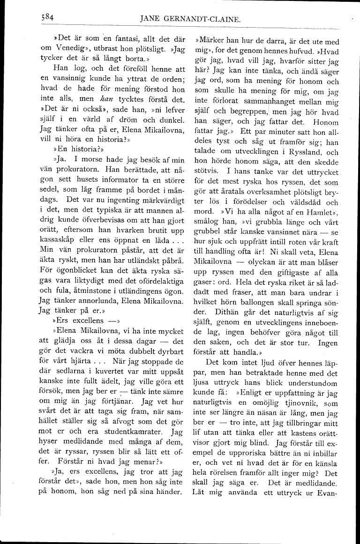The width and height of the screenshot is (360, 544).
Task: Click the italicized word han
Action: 120,112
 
